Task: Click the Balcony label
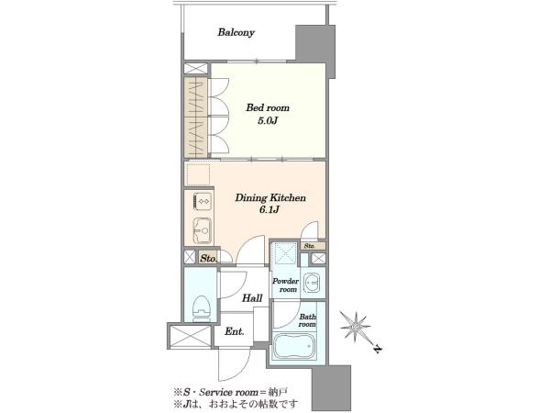click(x=236, y=33)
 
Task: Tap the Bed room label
click(x=268, y=107)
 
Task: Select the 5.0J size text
click(x=268, y=121)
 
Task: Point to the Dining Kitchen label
click(x=270, y=197)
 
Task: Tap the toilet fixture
click(x=202, y=308)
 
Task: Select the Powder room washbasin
click(x=313, y=283)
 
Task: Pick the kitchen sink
click(x=202, y=230)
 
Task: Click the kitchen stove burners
click(x=203, y=202)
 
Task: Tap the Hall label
click(x=252, y=298)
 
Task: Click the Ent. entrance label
click(x=235, y=331)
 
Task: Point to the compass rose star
click(x=356, y=328)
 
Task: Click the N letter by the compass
click(x=378, y=349)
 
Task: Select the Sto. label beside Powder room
click(x=310, y=246)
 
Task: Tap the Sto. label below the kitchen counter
click(x=209, y=259)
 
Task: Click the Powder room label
click(x=285, y=285)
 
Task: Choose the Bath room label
click(x=307, y=320)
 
